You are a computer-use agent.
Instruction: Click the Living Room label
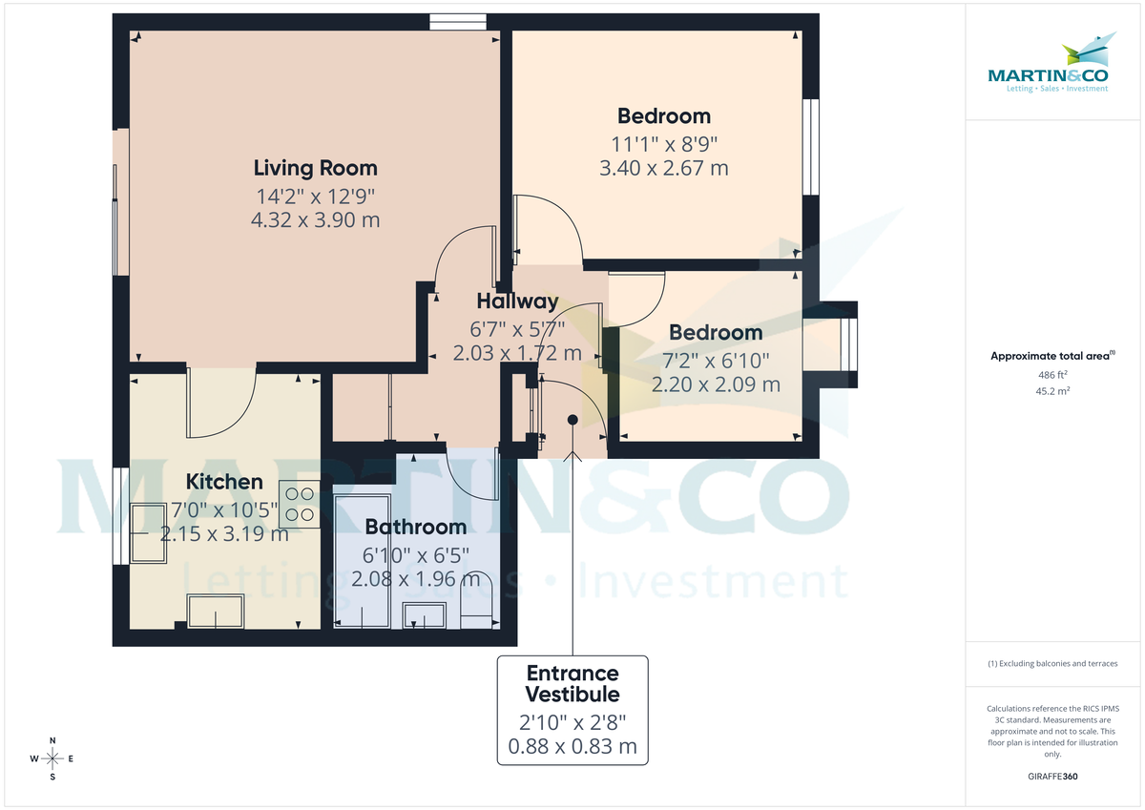315,168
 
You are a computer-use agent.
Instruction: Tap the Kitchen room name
224,481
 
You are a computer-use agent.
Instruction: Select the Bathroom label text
416,527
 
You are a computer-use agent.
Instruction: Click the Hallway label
517,301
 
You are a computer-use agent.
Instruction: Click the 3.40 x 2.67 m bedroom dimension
663,169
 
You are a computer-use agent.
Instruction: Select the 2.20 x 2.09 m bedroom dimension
716,384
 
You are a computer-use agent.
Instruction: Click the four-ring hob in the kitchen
299,504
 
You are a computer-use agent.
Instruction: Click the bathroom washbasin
425,616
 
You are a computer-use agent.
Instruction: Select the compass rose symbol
52,758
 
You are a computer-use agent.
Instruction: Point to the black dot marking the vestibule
572,420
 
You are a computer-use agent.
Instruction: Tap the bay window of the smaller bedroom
844,344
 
